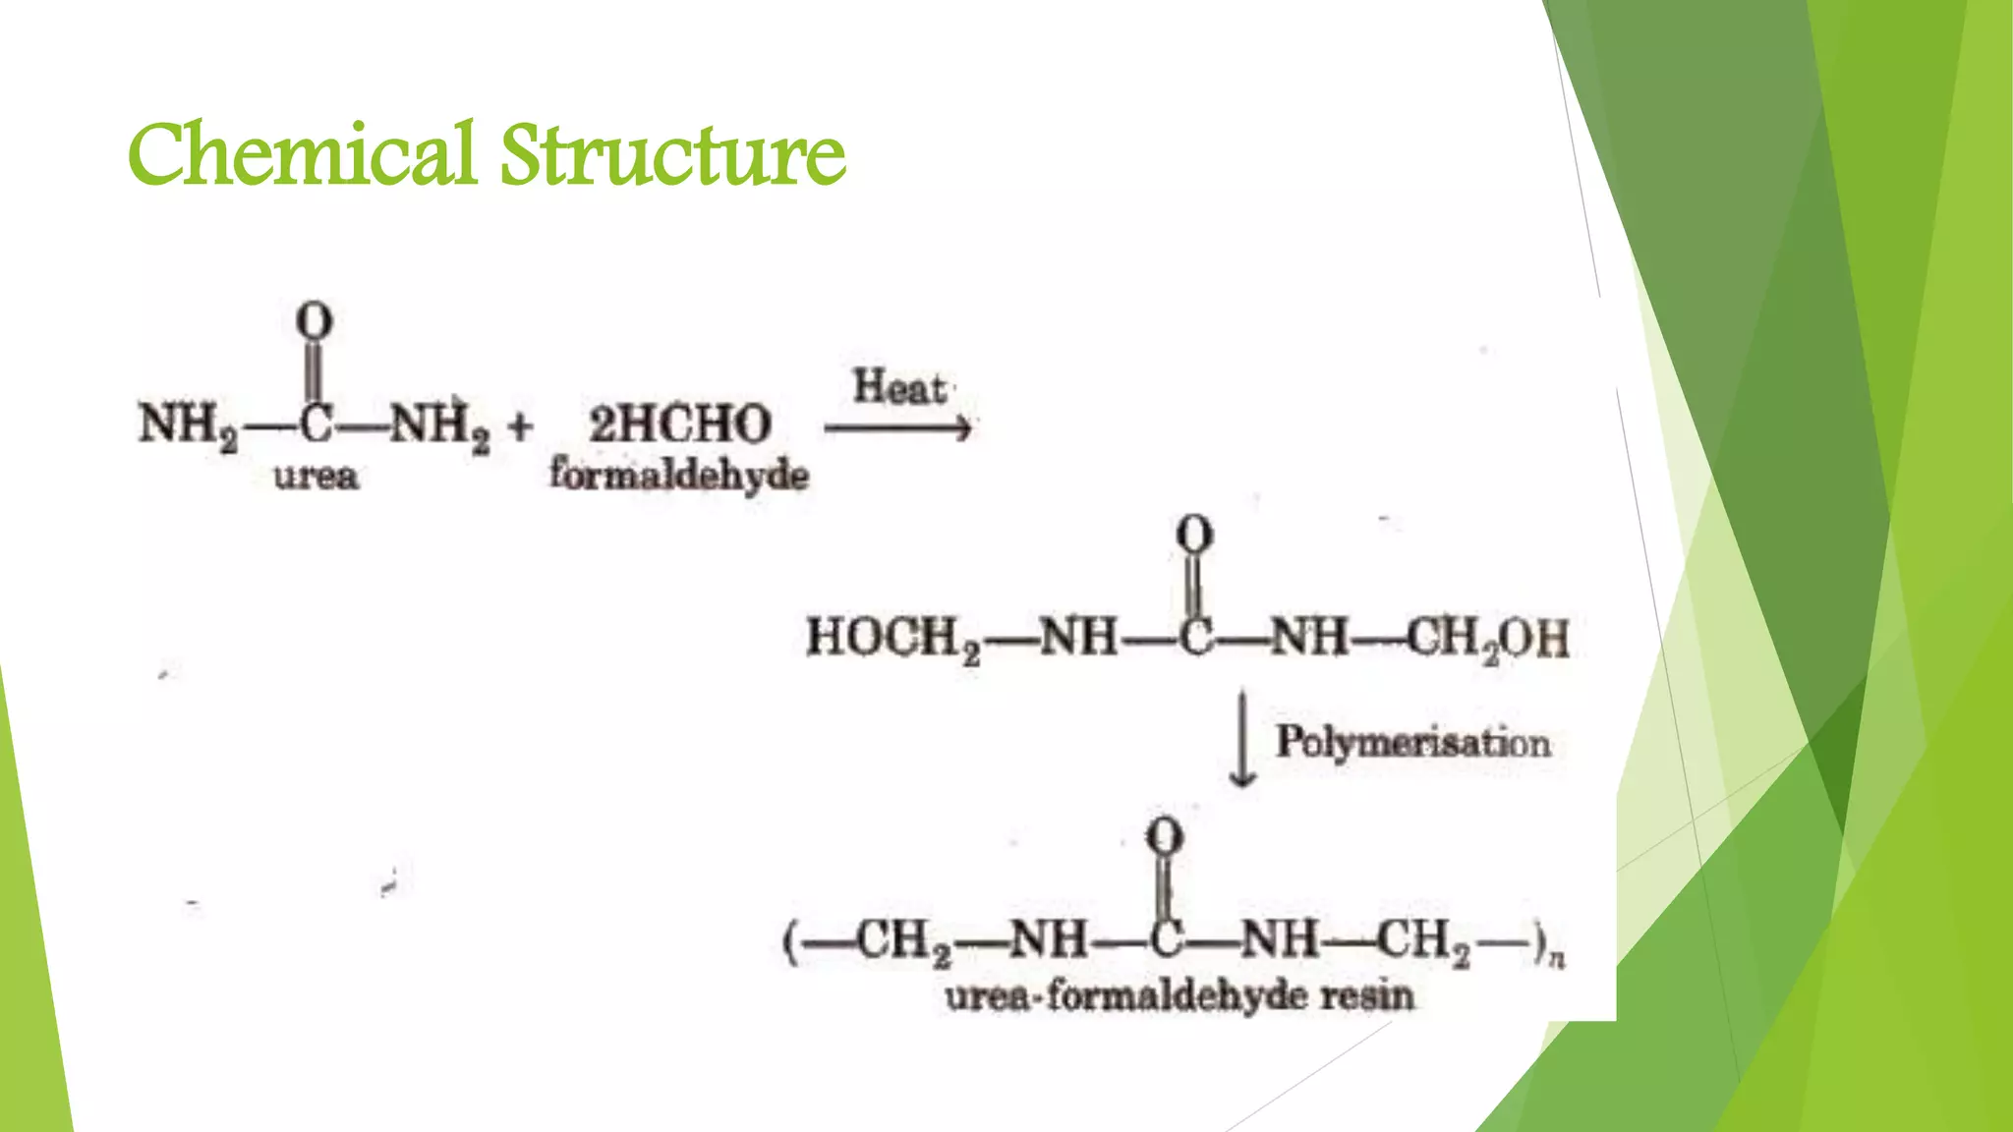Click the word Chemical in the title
[x=301, y=154]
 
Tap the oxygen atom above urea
[x=315, y=321]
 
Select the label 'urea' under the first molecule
[x=316, y=478]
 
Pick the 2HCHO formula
[x=679, y=424]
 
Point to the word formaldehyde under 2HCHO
[x=679, y=476]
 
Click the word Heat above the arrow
[x=898, y=387]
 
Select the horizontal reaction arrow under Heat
[x=897, y=428]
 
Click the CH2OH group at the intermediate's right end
[x=1487, y=639]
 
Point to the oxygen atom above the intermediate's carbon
[x=1194, y=536]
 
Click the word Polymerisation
[x=1412, y=742]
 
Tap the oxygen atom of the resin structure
[x=1165, y=837]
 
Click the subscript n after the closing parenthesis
[x=1556, y=957]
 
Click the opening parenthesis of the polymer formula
[x=789, y=942]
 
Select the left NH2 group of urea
[x=188, y=425]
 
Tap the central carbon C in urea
[x=315, y=425]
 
